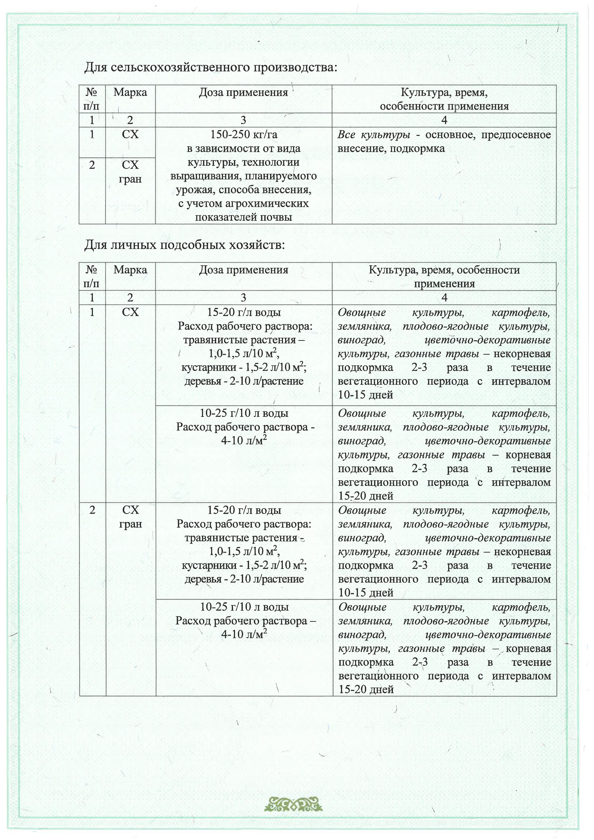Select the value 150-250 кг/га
click(244, 135)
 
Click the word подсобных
click(194, 245)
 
